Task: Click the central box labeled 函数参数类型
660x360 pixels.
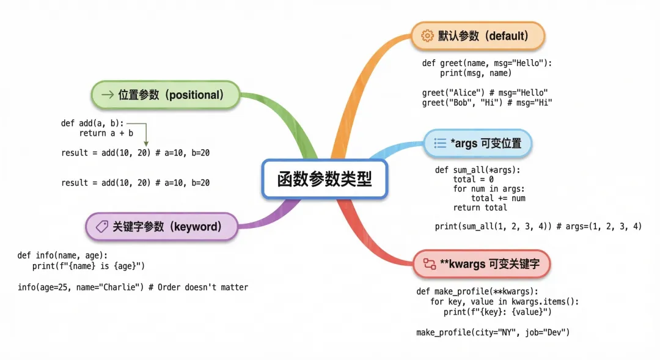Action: (x=324, y=179)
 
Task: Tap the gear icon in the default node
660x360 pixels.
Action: (x=428, y=35)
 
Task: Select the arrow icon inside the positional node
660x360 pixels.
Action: (x=108, y=95)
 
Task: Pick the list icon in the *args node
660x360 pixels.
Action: (x=440, y=144)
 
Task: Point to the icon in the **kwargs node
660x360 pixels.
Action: (x=430, y=264)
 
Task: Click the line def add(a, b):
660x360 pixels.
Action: (x=92, y=123)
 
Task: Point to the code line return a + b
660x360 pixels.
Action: (x=106, y=133)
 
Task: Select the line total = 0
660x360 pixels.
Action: (x=473, y=179)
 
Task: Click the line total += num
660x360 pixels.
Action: (x=498, y=198)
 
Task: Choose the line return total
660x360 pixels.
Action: (x=480, y=207)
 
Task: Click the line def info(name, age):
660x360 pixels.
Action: (x=62, y=255)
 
